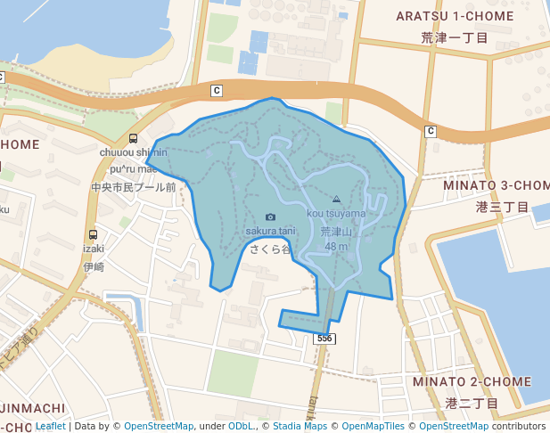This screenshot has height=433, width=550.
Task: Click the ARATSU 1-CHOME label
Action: [455, 16]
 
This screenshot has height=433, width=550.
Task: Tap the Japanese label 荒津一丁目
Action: [455, 38]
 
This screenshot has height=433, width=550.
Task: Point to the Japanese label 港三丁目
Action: [502, 207]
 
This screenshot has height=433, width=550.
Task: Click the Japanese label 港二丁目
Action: [472, 404]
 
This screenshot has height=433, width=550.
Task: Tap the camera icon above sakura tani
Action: [271, 216]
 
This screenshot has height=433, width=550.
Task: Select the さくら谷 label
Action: [271, 249]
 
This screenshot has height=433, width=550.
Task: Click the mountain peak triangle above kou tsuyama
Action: [336, 200]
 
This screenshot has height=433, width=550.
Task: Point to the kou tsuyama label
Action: [336, 213]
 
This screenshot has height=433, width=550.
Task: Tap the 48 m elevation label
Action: [336, 247]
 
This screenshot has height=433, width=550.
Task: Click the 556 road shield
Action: [324, 339]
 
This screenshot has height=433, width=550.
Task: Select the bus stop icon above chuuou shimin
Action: [133, 138]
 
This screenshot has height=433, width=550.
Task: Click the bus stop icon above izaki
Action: [94, 235]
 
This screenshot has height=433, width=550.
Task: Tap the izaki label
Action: [94, 249]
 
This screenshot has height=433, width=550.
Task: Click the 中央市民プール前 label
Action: [134, 187]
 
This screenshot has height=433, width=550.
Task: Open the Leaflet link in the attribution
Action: [51, 427]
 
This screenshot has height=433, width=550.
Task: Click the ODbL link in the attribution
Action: [242, 427]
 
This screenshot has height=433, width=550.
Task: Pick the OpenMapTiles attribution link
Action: [372, 427]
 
